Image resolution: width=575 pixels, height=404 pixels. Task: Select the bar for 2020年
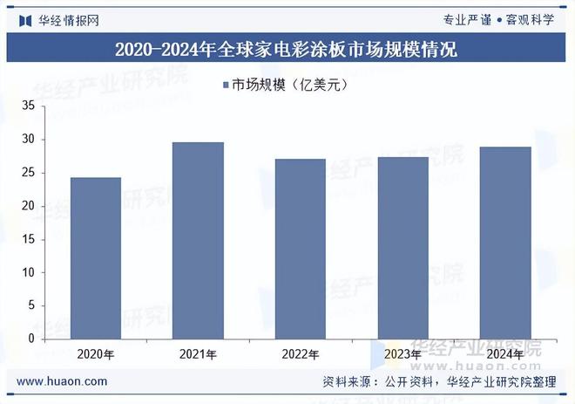pos(96,258)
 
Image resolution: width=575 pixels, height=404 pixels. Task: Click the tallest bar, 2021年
pos(198,241)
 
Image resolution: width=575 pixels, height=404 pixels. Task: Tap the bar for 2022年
pos(300,249)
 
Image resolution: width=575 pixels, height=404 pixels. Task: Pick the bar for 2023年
pos(402,248)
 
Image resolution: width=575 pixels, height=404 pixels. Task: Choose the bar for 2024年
pos(504,243)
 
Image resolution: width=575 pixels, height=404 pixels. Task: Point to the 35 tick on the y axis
pos(28,106)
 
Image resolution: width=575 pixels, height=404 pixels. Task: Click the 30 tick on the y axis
pos(28,140)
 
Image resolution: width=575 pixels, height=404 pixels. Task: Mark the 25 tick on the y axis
pos(28,173)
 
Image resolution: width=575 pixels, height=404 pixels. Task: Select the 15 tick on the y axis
pos(28,239)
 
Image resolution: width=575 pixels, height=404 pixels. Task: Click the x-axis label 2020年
pos(96,354)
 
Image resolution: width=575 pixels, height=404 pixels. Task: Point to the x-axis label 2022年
pos(300,354)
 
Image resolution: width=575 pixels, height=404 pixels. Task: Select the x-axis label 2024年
pos(504,354)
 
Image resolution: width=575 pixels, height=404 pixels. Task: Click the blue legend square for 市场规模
pos(226,85)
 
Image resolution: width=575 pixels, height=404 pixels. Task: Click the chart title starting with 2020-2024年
pos(287,49)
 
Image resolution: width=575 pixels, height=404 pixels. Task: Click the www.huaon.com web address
pos(63,382)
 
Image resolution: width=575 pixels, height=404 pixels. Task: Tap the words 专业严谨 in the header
pos(467,19)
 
